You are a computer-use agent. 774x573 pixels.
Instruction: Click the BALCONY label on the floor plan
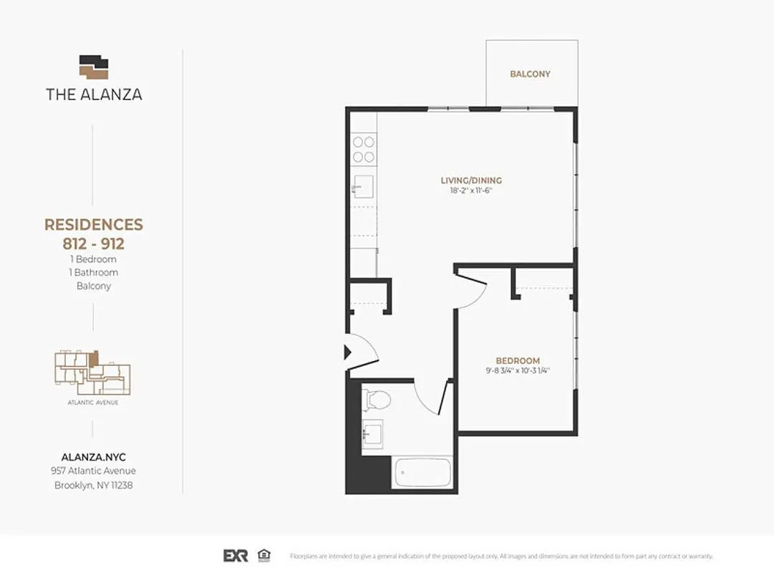click(x=530, y=74)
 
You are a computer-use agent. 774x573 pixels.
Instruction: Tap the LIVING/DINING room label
click(x=470, y=180)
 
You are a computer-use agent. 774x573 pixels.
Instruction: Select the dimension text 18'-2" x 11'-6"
click(x=470, y=191)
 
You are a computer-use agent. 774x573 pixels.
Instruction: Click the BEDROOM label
click(x=518, y=360)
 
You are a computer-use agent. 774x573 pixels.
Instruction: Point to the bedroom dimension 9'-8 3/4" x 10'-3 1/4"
click(x=518, y=371)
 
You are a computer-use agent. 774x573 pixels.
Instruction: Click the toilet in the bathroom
click(x=376, y=399)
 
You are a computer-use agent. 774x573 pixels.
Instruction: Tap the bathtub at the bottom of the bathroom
click(x=422, y=473)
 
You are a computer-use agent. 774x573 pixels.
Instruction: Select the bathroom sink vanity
click(x=372, y=435)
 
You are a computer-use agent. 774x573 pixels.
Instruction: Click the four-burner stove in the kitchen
click(x=364, y=149)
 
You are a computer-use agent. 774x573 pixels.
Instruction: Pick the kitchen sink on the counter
click(x=363, y=186)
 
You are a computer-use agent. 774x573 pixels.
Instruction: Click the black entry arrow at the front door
click(x=348, y=352)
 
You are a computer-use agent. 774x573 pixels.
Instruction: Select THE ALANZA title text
click(x=94, y=95)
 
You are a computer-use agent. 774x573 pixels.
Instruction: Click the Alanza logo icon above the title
click(x=94, y=67)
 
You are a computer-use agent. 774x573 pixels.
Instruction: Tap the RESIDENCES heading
click(x=94, y=225)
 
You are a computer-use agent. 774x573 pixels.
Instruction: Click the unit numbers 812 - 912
click(x=94, y=244)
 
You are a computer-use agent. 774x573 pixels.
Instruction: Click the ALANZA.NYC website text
click(x=94, y=456)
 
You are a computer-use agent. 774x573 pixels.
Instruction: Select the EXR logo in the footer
click(x=236, y=556)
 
